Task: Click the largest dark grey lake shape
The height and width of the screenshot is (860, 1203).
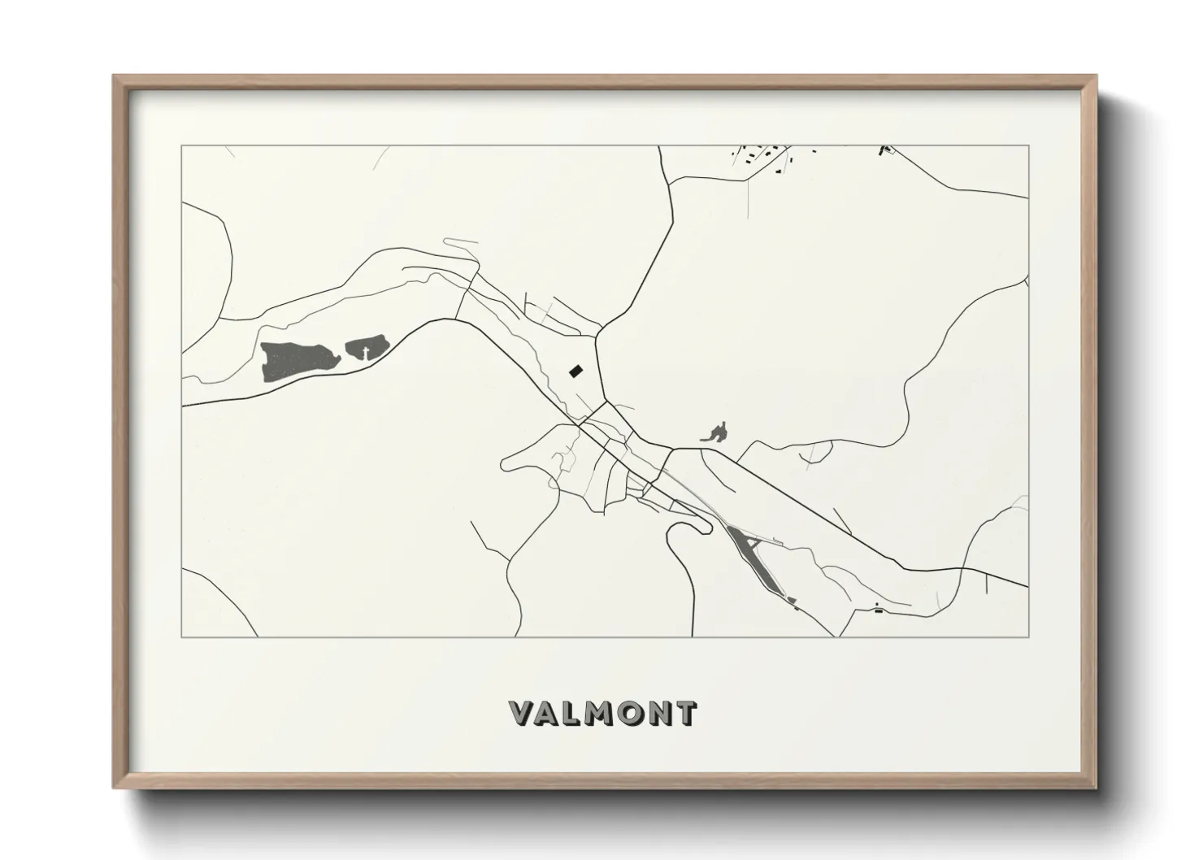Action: point(297,360)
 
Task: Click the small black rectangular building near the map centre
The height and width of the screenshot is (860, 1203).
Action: point(575,371)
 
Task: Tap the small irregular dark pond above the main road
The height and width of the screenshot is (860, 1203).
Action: point(715,432)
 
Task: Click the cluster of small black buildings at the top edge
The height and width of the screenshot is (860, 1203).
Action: point(764,154)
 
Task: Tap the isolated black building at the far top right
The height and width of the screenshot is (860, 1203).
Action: point(884,150)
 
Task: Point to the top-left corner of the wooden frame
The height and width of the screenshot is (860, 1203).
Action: point(115,76)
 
